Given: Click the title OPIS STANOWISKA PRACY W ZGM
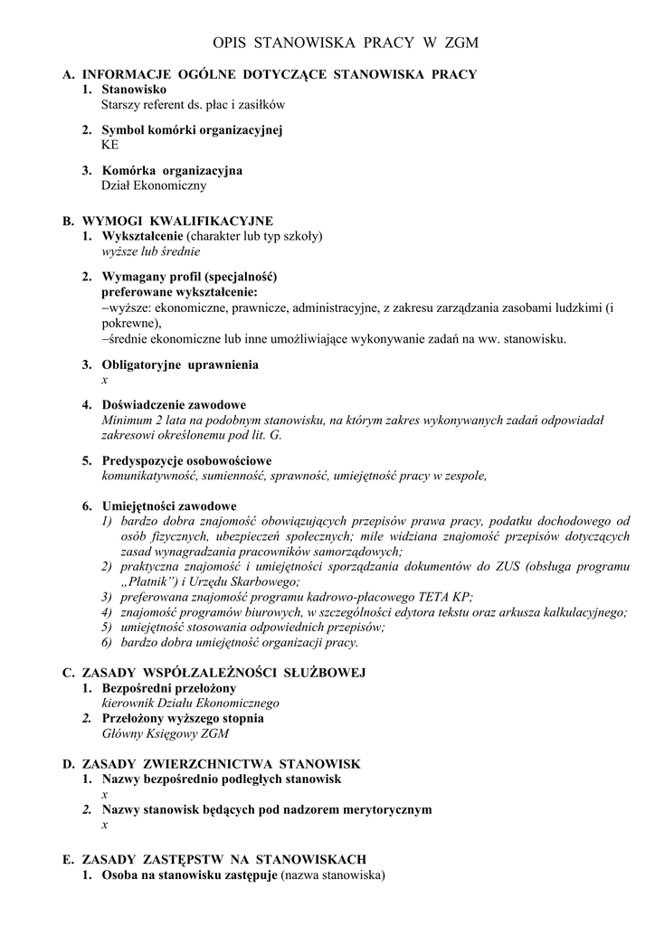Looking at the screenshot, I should (345, 43).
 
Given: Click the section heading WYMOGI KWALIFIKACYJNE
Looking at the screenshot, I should (177, 221).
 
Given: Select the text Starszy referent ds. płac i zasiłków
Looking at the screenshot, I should (194, 104).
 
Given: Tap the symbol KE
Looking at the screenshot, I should (109, 144).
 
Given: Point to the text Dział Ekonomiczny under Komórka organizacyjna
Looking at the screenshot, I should (154, 185).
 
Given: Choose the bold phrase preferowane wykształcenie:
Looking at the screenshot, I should (179, 292).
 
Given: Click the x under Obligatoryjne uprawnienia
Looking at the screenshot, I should (105, 379).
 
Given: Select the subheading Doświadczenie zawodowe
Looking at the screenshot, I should (174, 404).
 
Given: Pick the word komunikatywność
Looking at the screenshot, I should (147, 475).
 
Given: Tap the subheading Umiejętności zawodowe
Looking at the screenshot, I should (169, 506).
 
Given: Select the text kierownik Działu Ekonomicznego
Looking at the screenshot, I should (190, 703).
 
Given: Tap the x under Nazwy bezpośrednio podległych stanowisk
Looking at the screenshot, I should (105, 794).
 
